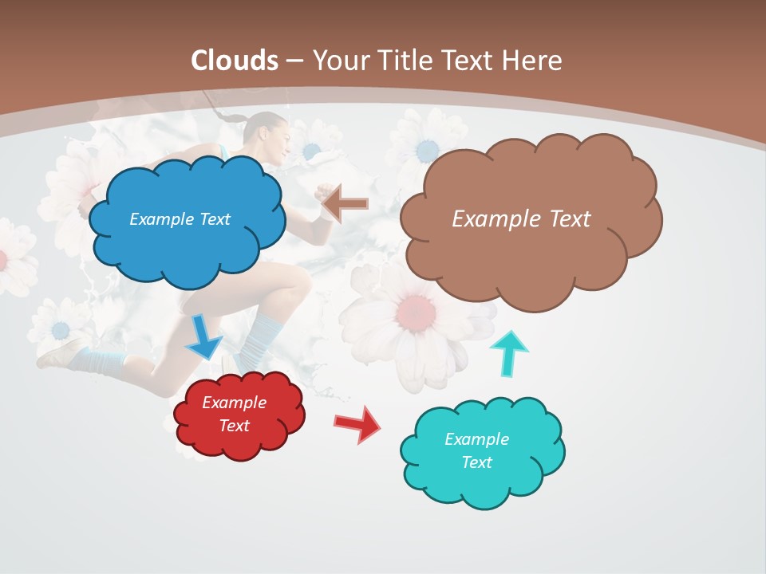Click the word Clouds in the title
pyautogui.click(x=235, y=61)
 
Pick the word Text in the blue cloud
pyautogui.click(x=212, y=218)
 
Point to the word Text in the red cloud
pyautogui.click(x=235, y=426)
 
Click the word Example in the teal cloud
pyautogui.click(x=476, y=439)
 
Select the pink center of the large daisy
pyautogui.click(x=416, y=310)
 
